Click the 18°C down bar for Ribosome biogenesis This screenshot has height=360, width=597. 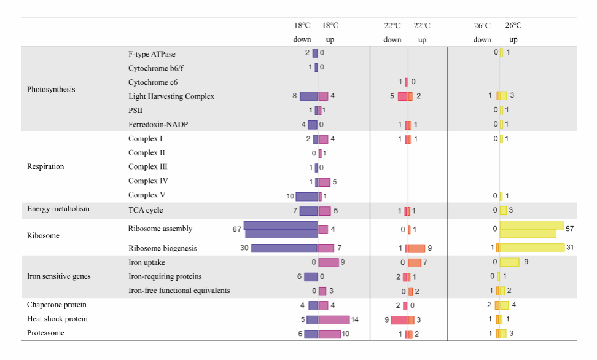(x=284, y=248)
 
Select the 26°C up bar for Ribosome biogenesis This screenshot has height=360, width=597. (x=532, y=248)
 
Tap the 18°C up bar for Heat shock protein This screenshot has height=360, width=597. (x=334, y=319)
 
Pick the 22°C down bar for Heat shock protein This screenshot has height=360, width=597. (x=399, y=319)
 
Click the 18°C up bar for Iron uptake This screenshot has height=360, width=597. (x=329, y=262)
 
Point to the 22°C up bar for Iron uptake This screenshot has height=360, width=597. (x=415, y=262)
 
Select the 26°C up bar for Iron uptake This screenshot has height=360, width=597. (x=510, y=262)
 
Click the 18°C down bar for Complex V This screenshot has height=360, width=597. (x=306, y=197)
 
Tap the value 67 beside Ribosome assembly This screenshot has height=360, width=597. (x=236, y=229)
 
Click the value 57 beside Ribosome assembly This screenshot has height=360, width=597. (x=569, y=229)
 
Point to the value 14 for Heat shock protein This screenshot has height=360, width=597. (x=355, y=319)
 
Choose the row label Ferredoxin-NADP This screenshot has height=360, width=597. (x=158, y=125)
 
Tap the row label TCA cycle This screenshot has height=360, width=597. (x=145, y=209)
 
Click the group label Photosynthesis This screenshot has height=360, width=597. (x=51, y=89)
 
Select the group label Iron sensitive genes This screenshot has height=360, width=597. (x=58, y=276)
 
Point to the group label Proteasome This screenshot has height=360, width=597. (x=45, y=333)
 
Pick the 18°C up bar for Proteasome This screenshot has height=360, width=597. (x=330, y=334)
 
